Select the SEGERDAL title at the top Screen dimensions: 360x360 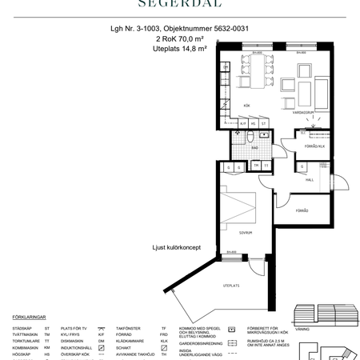point(179,4)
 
